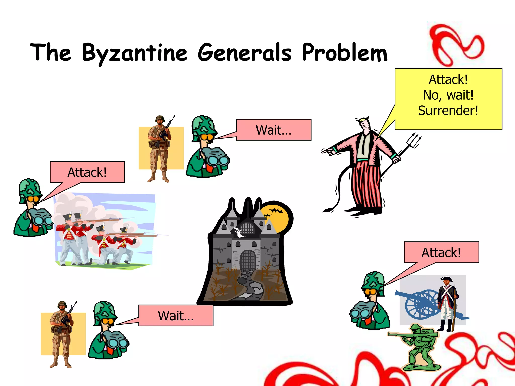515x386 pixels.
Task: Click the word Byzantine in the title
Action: [x=135, y=53]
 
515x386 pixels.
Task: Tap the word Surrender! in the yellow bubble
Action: [x=448, y=111]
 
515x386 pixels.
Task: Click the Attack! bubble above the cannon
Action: [x=441, y=252]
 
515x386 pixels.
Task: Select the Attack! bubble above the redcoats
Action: [x=87, y=172]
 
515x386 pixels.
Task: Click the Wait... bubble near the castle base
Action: [x=176, y=316]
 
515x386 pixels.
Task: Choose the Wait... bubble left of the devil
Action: [x=274, y=130]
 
